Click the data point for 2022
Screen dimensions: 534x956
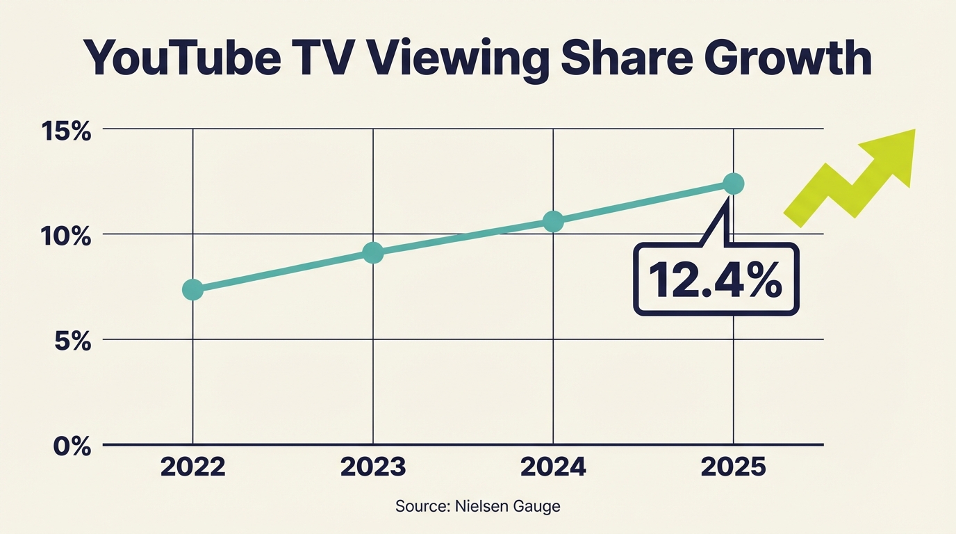click(x=192, y=290)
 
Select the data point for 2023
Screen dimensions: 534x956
click(x=373, y=253)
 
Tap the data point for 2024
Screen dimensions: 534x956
click(x=553, y=222)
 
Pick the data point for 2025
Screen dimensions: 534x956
click(x=734, y=184)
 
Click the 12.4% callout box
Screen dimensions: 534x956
click(x=716, y=280)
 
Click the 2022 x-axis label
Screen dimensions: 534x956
click(x=192, y=467)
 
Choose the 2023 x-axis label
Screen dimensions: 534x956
click(x=373, y=467)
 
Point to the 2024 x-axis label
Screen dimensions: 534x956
click(x=553, y=467)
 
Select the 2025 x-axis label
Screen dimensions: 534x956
click(x=734, y=467)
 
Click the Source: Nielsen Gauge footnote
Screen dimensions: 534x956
click(x=477, y=506)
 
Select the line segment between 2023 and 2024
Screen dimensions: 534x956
click(x=463, y=238)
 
